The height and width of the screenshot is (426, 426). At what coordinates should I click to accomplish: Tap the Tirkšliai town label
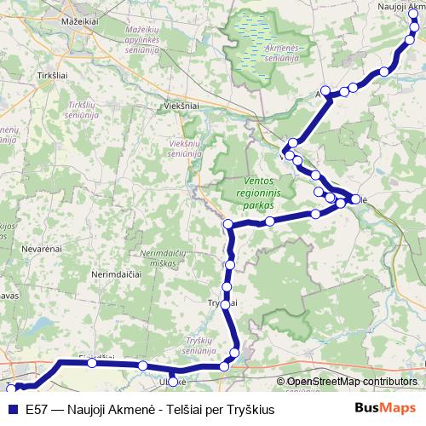point(53,76)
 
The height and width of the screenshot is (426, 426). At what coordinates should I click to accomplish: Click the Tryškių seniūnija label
point(204,345)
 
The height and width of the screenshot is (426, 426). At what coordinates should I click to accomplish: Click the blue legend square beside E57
point(11,409)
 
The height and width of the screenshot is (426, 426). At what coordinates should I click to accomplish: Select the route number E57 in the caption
point(38,409)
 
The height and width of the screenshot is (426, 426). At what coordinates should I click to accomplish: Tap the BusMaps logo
point(385,408)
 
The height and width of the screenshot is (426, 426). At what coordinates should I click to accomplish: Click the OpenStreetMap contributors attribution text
point(352,382)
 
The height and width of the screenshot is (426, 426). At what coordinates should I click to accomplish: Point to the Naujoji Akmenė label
point(400,7)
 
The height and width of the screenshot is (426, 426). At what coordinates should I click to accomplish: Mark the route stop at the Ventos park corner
point(228,224)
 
